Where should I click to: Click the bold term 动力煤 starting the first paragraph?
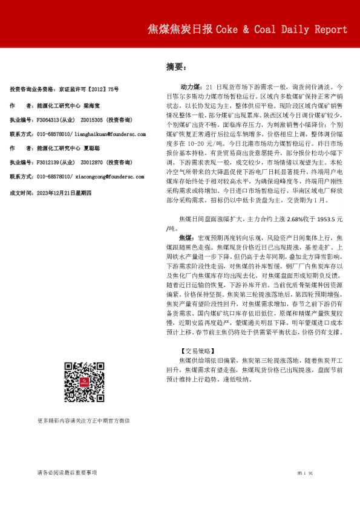point(191,87)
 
